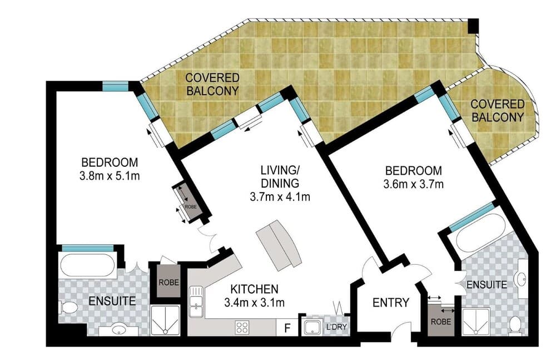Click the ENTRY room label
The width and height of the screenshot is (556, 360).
click(x=390, y=303)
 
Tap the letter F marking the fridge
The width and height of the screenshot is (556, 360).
click(x=287, y=328)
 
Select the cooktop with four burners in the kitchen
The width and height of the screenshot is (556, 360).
click(x=242, y=327)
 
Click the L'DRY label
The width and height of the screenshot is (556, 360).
click(x=336, y=327)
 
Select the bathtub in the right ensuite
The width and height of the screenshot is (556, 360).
click(x=479, y=233)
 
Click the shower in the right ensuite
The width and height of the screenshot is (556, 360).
click(x=475, y=322)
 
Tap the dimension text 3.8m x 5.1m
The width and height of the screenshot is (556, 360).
click(x=110, y=176)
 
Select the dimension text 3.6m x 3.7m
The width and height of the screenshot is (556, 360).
click(x=414, y=184)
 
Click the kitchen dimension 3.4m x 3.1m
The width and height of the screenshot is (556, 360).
click(x=254, y=303)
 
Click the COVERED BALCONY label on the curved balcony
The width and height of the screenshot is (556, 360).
click(x=497, y=111)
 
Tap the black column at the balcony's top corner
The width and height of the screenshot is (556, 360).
click(x=473, y=26)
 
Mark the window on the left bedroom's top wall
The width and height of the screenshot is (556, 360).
click(x=115, y=86)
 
